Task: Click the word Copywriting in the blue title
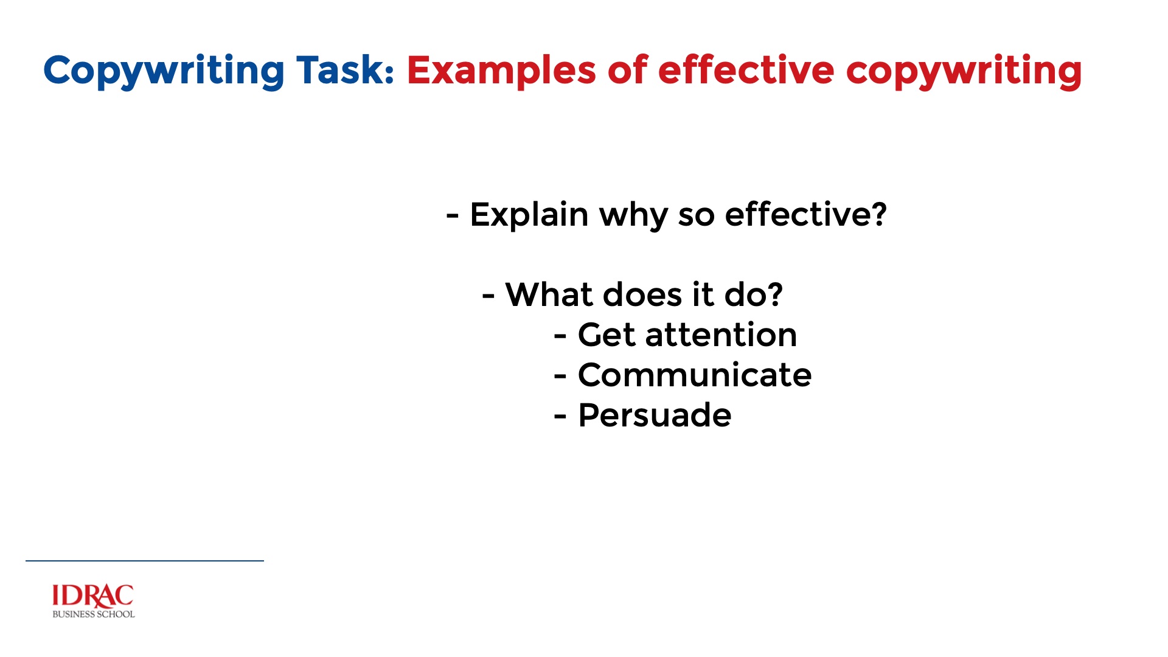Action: click(x=164, y=71)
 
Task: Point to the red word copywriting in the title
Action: click(x=964, y=71)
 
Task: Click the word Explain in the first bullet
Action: click(x=529, y=215)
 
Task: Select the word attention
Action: click(x=721, y=335)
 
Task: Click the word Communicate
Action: click(x=695, y=375)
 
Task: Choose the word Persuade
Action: click(x=655, y=415)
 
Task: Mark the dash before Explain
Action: click(x=452, y=216)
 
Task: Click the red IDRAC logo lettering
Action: click(x=93, y=596)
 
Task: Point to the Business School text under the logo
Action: click(x=94, y=614)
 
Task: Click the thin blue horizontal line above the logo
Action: click(x=145, y=561)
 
